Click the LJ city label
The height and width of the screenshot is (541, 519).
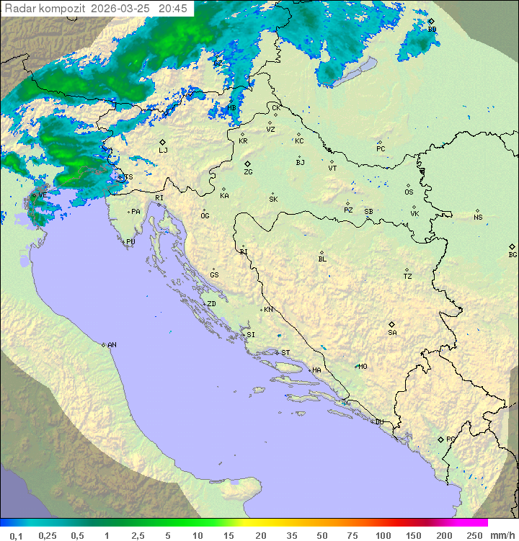tap(163, 151)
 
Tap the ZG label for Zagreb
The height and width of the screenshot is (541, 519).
tap(248, 173)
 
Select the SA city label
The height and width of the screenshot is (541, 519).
tap(392, 333)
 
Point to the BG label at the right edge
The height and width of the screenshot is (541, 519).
tap(513, 255)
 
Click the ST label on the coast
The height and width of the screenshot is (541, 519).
tap(285, 353)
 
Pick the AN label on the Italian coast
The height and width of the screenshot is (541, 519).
tap(112, 345)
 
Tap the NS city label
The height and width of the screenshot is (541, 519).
tap(478, 218)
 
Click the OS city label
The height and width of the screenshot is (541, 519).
tap(409, 192)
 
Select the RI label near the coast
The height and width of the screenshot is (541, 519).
tap(159, 198)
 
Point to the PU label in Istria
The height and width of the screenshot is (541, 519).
tap(130, 242)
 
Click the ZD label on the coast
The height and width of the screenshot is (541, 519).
tap(211, 304)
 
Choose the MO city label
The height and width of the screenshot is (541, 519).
tap(363, 367)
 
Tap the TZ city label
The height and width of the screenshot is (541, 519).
tap(407, 277)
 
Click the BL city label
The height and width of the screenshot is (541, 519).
tap(322, 259)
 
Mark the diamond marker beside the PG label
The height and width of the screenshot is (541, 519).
tap(440, 439)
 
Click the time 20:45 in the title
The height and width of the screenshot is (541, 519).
tap(172, 9)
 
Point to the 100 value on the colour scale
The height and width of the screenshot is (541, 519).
tap(383, 535)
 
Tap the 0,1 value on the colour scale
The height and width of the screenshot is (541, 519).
tap(16, 535)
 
